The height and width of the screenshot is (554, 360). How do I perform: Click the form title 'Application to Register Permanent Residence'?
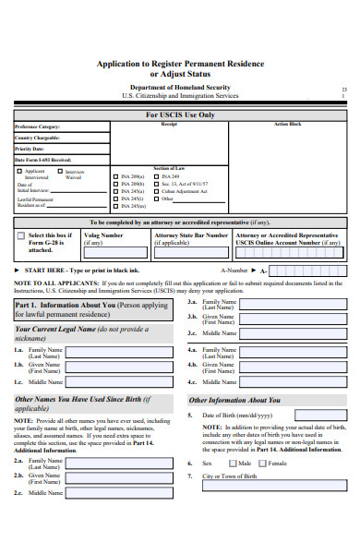point(180,63)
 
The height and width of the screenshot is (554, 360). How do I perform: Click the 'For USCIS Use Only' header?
point(180,115)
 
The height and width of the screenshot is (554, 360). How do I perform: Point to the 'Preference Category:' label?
point(37,126)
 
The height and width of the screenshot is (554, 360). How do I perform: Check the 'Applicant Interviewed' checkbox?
point(18,171)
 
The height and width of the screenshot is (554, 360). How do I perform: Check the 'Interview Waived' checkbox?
point(60,171)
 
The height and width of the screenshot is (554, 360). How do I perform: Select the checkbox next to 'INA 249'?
point(156,175)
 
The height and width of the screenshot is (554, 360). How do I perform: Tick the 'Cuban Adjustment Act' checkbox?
point(156,190)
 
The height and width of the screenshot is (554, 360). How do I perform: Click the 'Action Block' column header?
point(287,124)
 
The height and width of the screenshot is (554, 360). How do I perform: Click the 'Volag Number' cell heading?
point(103,235)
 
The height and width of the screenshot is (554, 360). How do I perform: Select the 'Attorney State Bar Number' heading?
point(191,235)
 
